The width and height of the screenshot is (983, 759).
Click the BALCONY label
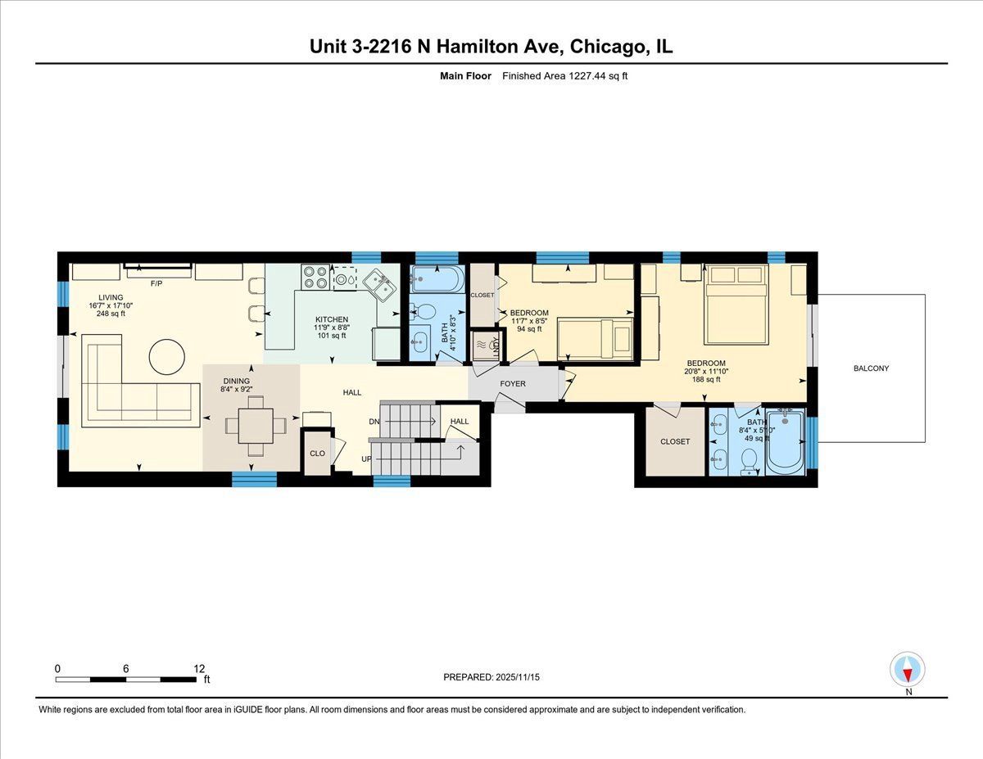click(871, 368)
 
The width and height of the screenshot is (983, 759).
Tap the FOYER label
click(513, 384)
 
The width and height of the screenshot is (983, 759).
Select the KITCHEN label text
click(332, 319)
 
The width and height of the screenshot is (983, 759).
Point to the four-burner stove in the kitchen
click(315, 277)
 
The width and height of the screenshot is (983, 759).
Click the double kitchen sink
click(378, 285)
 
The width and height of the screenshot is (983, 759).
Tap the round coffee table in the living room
click(167, 357)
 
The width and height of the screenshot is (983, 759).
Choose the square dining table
click(256, 426)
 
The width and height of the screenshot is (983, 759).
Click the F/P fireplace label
click(156, 284)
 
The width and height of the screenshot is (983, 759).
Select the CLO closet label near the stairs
click(317, 454)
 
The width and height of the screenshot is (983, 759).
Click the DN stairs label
click(374, 422)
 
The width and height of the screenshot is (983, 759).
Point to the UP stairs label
click(366, 459)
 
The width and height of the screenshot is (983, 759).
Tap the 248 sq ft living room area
click(111, 314)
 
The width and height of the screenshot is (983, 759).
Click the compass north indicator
click(908, 669)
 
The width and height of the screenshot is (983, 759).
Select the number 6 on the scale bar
click(126, 669)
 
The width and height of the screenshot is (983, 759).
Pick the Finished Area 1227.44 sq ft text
click(564, 76)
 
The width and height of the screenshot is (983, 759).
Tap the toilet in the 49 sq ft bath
click(750, 462)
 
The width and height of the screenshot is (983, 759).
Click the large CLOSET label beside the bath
click(675, 441)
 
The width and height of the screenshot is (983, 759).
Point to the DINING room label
click(236, 381)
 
